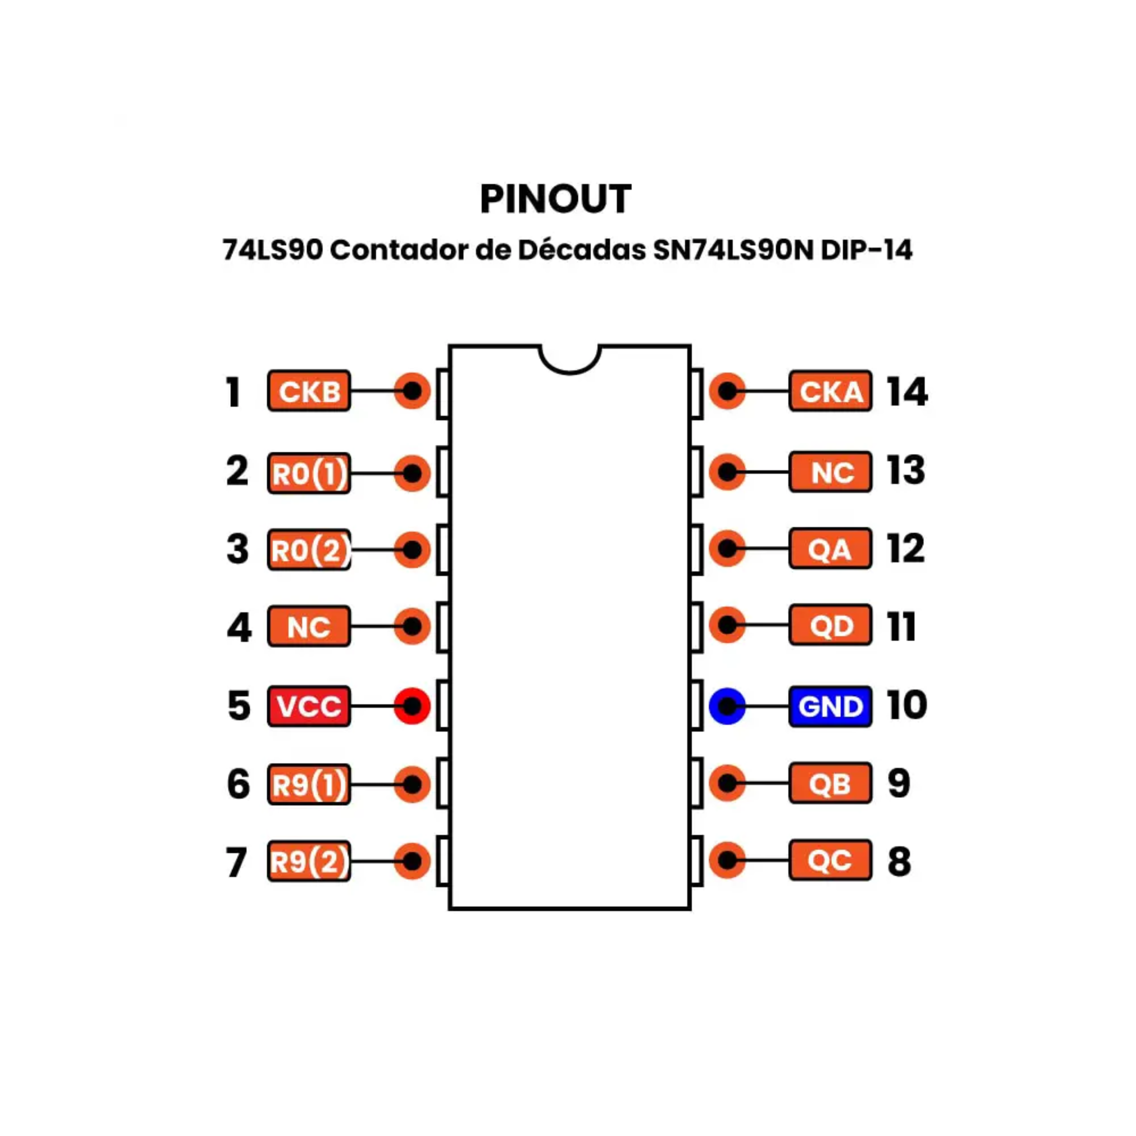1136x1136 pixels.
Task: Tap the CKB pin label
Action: click(x=309, y=391)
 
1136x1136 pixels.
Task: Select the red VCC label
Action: click(x=309, y=706)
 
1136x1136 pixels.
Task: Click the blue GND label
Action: click(x=830, y=706)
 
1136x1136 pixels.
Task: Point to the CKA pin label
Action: click(x=830, y=391)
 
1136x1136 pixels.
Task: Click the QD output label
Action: click(x=830, y=625)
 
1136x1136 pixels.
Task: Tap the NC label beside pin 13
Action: click(x=830, y=472)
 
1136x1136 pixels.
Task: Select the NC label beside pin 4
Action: click(x=309, y=626)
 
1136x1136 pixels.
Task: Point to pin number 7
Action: click(x=236, y=862)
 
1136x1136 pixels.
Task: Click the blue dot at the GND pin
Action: click(x=727, y=706)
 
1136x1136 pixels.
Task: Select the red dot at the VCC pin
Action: click(x=412, y=706)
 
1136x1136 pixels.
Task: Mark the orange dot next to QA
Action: click(x=727, y=548)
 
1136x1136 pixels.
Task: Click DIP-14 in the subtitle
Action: click(x=867, y=250)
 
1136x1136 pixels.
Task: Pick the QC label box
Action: click(x=830, y=860)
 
